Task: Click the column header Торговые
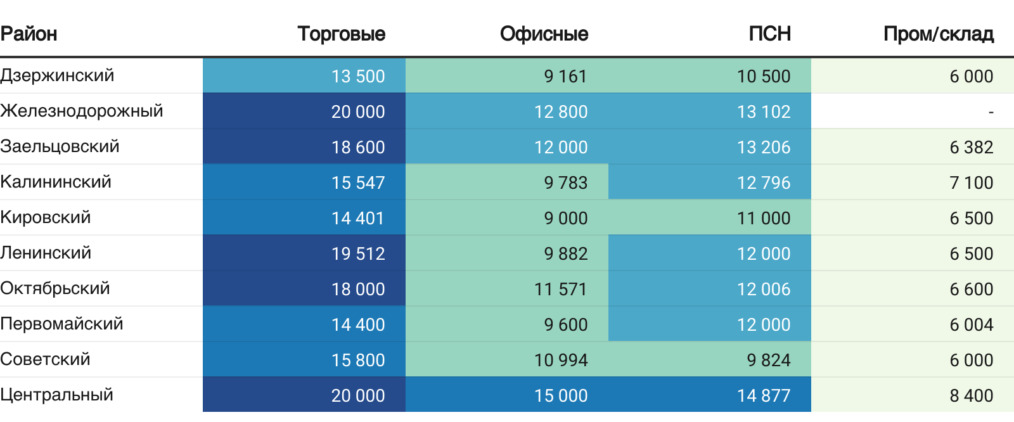coord(342,34)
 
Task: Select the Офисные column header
coord(544,34)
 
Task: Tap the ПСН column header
coord(769,34)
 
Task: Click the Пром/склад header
coord(939,34)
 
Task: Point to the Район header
coord(29,34)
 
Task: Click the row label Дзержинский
coord(57,75)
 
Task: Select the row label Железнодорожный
coord(82,111)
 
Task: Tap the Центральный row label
coord(56,395)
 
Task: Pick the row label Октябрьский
coord(55,288)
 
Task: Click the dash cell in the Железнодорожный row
coord(991,112)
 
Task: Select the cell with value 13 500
coord(357,76)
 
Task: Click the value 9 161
coord(565,76)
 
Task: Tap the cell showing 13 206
coord(764,147)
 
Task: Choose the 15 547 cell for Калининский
coord(357,182)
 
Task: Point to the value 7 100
coord(972,182)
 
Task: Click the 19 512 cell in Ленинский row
coord(357,253)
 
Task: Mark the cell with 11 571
coord(560,289)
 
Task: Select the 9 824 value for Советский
coord(769,360)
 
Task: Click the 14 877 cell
coord(764,395)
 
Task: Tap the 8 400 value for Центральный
coord(972,395)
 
